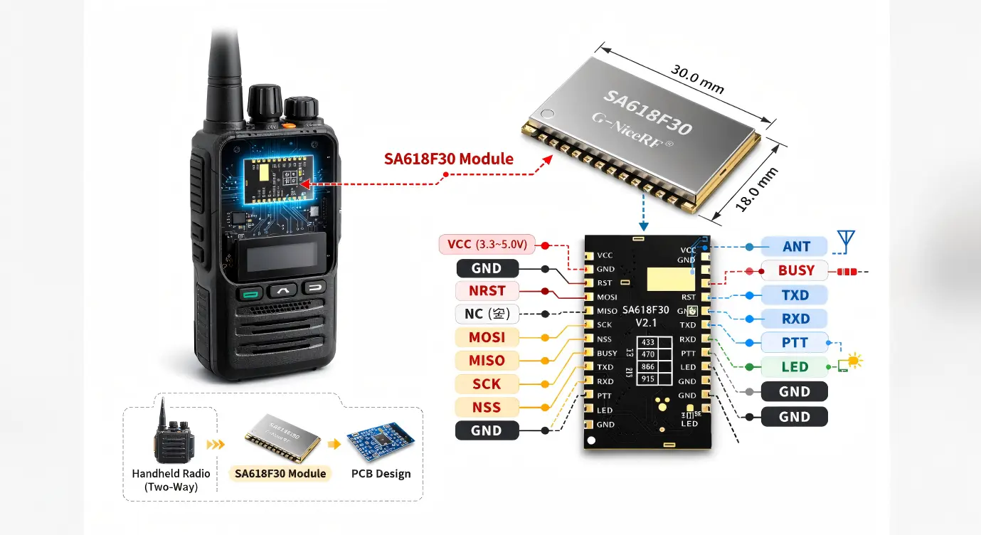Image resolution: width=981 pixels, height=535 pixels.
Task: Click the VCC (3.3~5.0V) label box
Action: tap(487, 245)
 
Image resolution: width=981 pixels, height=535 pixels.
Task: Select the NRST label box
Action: tap(487, 291)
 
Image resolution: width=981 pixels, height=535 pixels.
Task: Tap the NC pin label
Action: tap(487, 313)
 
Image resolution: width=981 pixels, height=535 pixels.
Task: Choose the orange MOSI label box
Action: tap(487, 337)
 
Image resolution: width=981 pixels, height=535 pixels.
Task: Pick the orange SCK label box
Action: tap(487, 384)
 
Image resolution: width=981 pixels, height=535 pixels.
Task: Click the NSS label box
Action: tap(487, 408)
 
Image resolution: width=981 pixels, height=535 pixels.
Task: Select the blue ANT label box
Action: tap(795, 247)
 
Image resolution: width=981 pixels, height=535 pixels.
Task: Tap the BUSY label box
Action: tap(795, 270)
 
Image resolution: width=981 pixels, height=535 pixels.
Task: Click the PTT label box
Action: tap(795, 342)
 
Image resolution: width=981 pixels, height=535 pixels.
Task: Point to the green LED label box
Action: tap(795, 367)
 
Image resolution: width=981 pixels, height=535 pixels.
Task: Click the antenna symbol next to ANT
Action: tap(846, 241)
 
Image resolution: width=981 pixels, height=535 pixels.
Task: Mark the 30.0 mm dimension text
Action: tap(697, 79)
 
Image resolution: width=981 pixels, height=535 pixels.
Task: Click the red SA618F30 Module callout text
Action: tap(448, 159)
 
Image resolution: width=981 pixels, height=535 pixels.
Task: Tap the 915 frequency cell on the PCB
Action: tap(648, 379)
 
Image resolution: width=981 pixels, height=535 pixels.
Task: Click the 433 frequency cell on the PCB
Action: tap(648, 342)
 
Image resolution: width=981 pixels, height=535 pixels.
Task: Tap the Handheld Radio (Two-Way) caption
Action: tap(171, 480)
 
